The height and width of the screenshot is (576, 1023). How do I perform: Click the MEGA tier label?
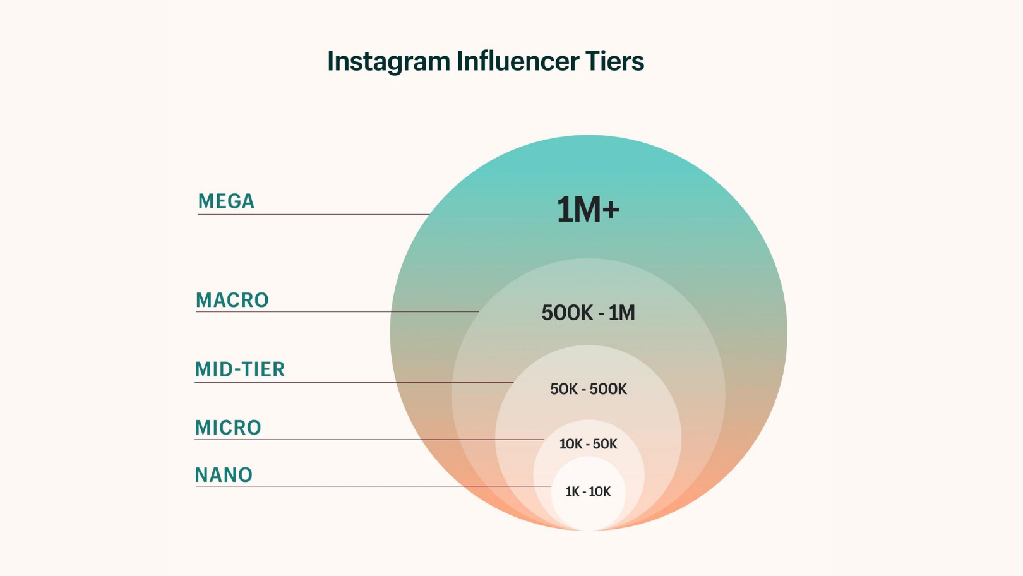pyautogui.click(x=226, y=201)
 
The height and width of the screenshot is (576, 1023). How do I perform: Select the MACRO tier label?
pyautogui.click(x=232, y=300)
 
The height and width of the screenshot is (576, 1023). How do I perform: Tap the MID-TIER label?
pyautogui.click(x=240, y=369)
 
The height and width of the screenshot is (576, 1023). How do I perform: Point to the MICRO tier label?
pyautogui.click(x=228, y=428)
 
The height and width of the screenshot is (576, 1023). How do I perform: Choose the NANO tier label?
pyautogui.click(x=224, y=475)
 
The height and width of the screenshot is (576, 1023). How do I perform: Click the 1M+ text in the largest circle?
pyautogui.click(x=587, y=210)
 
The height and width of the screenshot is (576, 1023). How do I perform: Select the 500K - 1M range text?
pyautogui.click(x=588, y=313)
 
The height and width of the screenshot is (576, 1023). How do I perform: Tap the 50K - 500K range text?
pyautogui.click(x=588, y=389)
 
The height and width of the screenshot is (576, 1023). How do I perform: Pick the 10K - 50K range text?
pyautogui.click(x=588, y=444)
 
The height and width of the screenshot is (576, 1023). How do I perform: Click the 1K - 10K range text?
pyautogui.click(x=588, y=491)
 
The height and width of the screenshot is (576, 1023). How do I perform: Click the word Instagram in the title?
pyautogui.click(x=388, y=62)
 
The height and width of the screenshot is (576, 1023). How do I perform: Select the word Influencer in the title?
pyautogui.click(x=517, y=61)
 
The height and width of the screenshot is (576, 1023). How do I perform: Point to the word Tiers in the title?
pyautogui.click(x=614, y=61)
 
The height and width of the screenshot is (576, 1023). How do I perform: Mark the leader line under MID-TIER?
pyautogui.click(x=354, y=382)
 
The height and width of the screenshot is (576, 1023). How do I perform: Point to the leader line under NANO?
pyautogui.click(x=373, y=486)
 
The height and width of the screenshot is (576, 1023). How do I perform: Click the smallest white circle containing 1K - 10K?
pyautogui.click(x=588, y=508)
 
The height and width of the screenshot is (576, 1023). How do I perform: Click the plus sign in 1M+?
pyautogui.click(x=611, y=210)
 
